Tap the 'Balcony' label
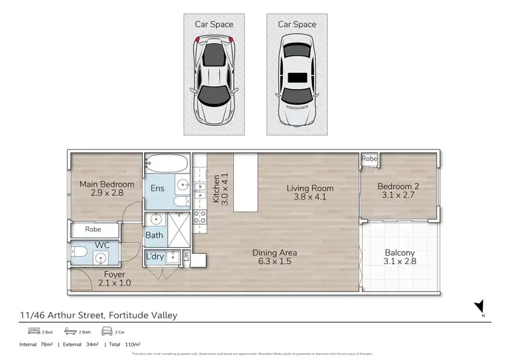pyautogui.click(x=399, y=253)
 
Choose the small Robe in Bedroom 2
pyautogui.click(x=369, y=159)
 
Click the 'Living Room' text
pyautogui.click(x=309, y=189)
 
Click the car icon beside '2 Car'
pyautogui.click(x=107, y=331)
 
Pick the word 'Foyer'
pyautogui.click(x=95, y=274)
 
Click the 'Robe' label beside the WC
pyautogui.click(x=94, y=230)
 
